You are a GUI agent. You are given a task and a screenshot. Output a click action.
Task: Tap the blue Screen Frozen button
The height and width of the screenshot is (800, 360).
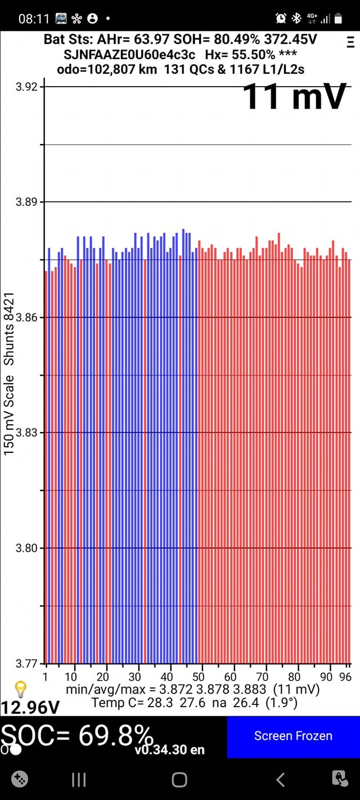[293, 736]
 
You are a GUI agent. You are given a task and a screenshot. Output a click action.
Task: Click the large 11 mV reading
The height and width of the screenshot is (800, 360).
[294, 96]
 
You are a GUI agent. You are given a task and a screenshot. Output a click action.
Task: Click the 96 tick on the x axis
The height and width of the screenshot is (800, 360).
[345, 676]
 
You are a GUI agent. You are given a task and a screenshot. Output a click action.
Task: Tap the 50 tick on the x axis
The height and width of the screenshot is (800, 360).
[199, 676]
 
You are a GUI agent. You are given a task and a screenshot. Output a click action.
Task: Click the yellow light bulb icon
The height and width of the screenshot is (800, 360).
[20, 689]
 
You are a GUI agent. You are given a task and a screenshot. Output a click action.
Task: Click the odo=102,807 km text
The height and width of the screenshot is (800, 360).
[107, 69]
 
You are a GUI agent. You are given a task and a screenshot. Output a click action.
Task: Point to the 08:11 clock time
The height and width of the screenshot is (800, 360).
[34, 19]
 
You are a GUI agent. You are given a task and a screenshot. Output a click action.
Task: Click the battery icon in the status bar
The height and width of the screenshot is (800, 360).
[338, 19]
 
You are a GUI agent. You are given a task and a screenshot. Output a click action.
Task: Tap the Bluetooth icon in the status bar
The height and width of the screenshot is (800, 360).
[296, 19]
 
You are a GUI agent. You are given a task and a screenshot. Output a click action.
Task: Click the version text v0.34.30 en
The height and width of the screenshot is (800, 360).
[169, 750]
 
